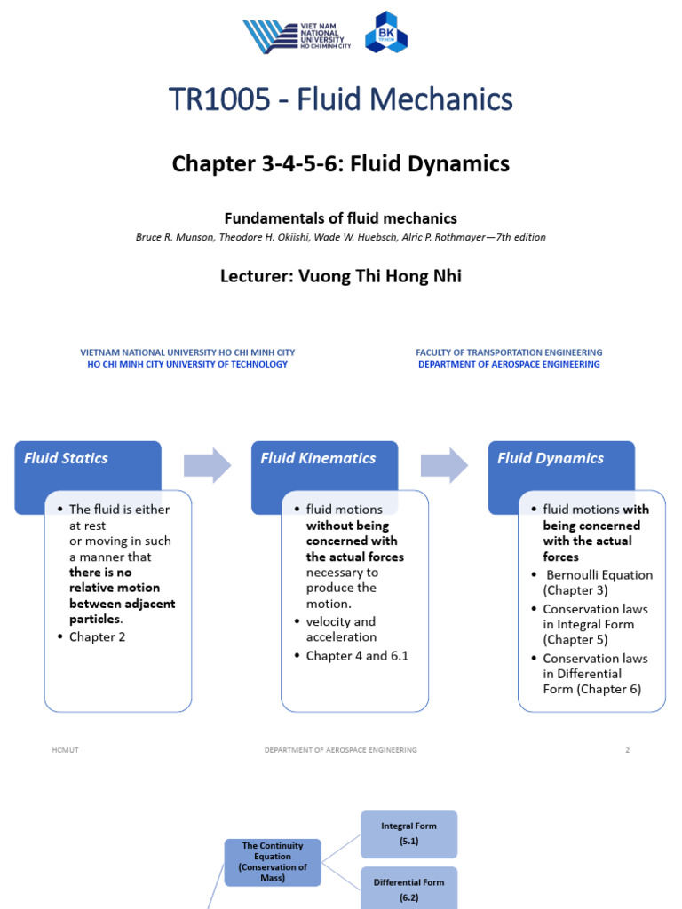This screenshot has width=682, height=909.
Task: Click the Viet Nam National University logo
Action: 297,36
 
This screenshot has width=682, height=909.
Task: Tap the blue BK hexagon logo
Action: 386,33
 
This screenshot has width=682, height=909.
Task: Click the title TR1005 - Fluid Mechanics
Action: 340,100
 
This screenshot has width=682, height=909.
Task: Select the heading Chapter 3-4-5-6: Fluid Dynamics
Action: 340,163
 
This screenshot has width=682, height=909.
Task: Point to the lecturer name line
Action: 340,276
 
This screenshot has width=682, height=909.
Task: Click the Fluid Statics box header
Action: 67,459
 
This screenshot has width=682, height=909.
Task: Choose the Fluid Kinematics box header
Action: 318,459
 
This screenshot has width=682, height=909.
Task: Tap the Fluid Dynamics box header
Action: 551,459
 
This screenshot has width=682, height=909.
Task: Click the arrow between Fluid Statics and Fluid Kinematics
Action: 207,465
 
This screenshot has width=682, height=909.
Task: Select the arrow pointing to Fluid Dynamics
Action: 444,465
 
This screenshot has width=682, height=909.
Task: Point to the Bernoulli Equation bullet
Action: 597,582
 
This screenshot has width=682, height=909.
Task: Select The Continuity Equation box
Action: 273,862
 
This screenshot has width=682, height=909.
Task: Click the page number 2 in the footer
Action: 627,750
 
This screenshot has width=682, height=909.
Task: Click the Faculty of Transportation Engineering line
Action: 509,352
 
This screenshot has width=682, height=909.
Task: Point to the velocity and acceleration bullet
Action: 341,629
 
